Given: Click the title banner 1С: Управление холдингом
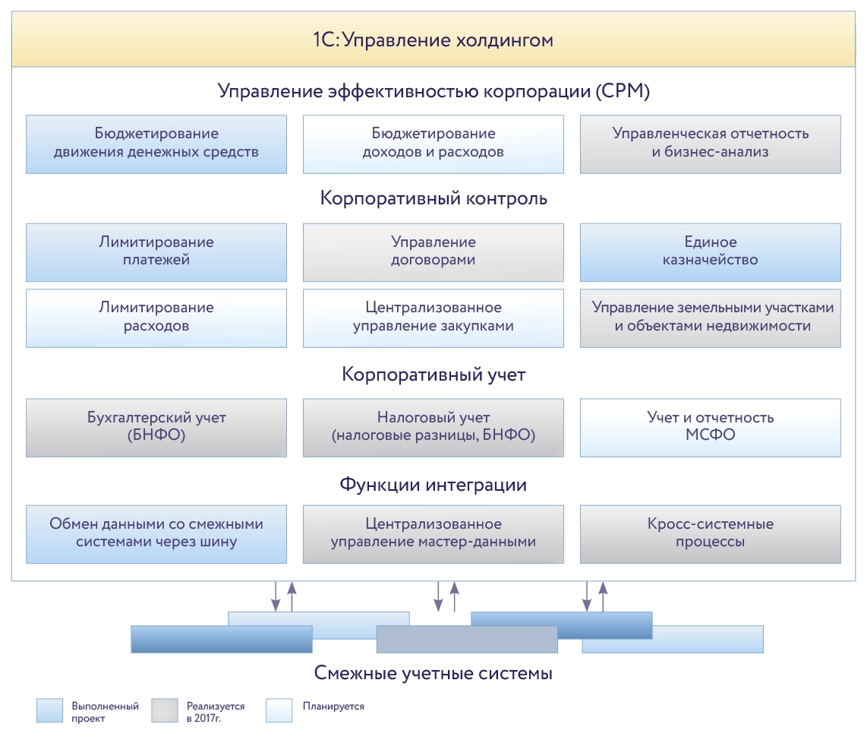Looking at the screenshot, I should coord(433,40).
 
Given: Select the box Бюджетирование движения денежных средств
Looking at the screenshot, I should coord(156,143).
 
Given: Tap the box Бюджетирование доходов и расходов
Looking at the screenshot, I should coord(433,143).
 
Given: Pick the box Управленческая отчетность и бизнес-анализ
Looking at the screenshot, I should coord(711,143).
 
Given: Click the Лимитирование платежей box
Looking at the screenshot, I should coord(156,251).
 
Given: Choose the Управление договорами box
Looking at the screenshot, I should coord(433,251).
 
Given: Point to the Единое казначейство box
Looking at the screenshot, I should coord(711,251).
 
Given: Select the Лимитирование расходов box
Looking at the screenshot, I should coord(156,317).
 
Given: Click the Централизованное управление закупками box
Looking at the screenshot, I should coord(433,317).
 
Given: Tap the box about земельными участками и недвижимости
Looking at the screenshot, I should coord(711,317).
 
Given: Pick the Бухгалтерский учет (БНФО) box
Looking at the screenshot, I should coord(156,427).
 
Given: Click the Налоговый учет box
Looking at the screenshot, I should coord(433,427).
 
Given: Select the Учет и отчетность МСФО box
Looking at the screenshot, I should coord(711,427).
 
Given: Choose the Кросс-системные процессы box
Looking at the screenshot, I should coord(711,533).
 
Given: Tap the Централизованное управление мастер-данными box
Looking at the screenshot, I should coord(433,533).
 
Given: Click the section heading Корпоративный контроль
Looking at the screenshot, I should coord(433,199).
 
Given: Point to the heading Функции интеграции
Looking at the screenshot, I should coord(433,484).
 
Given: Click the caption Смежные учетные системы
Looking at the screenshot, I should coord(433,673).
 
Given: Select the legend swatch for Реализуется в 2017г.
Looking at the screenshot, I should coord(164,710).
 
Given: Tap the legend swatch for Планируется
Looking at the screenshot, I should coord(279,710).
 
